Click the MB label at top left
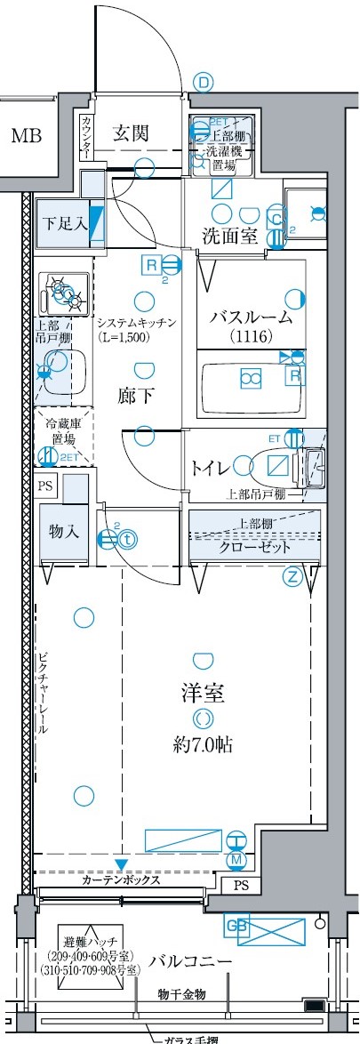[x=26, y=136]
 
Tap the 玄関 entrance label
[x=131, y=134]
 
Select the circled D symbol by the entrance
[x=204, y=84]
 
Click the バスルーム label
[x=251, y=318]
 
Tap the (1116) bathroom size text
[x=250, y=337]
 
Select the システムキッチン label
[x=138, y=322]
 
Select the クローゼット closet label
[x=252, y=547]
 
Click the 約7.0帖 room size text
[x=203, y=745]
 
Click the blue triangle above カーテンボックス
[x=121, y=864]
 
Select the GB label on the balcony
[x=236, y=925]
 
